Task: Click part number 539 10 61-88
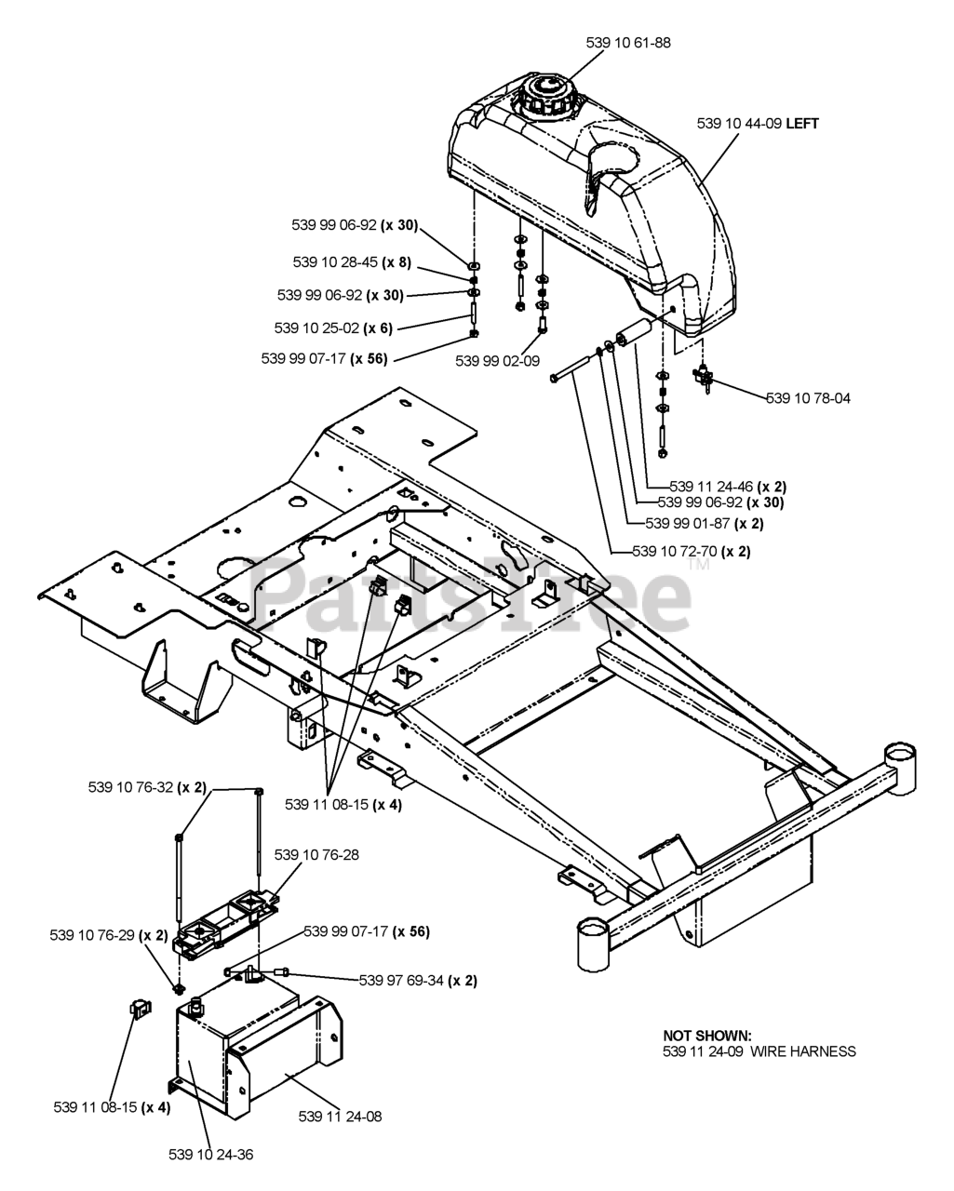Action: (x=628, y=42)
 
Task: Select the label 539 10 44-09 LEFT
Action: (x=758, y=123)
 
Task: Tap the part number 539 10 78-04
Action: (x=808, y=398)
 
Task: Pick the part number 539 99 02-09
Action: (x=497, y=361)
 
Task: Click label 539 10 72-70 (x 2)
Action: (x=691, y=551)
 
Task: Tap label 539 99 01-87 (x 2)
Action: (x=704, y=523)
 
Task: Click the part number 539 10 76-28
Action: (x=316, y=853)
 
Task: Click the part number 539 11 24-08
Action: (x=340, y=1116)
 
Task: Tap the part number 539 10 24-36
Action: (x=210, y=1155)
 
